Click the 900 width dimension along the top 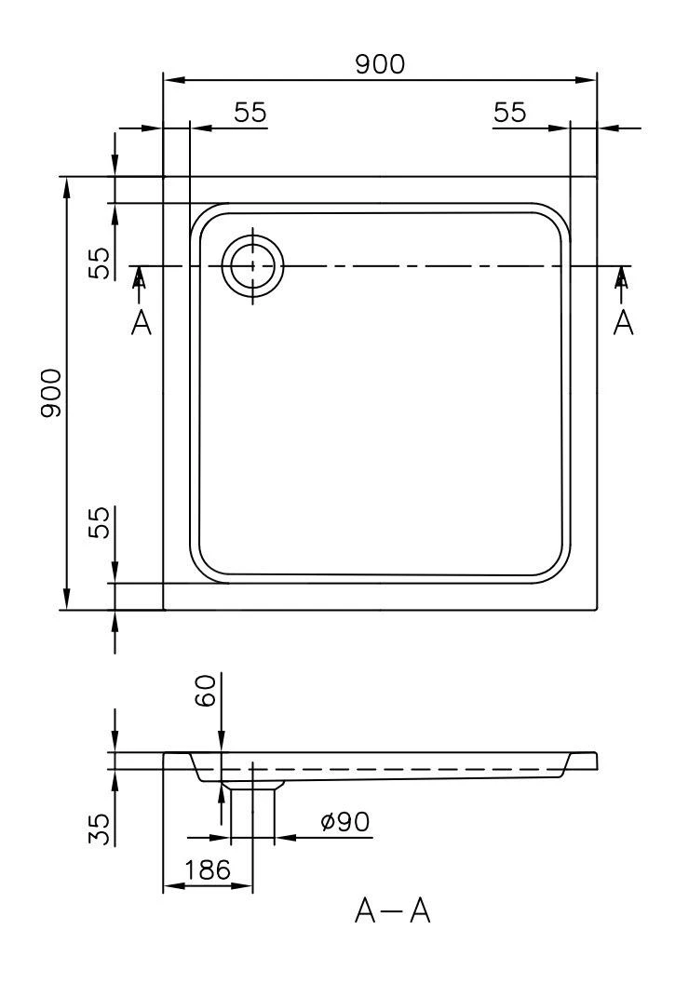point(381,63)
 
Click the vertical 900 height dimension point(52,393)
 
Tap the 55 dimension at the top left point(250,113)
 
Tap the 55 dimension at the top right point(510,113)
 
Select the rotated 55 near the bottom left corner point(99,522)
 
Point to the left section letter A point(142,322)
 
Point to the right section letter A point(624,322)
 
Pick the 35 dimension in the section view point(100,829)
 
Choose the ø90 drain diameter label point(344,822)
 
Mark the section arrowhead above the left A point(141,276)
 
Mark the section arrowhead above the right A point(623,276)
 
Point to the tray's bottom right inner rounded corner point(549,562)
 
